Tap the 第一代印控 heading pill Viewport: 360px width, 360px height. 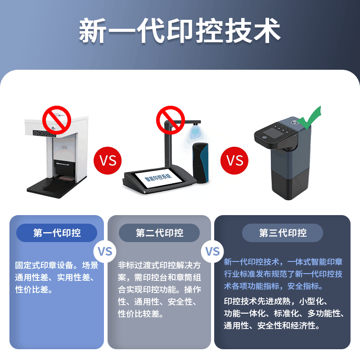coord(57,233)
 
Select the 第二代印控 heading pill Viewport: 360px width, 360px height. coord(159,233)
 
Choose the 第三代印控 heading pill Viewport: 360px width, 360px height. coord(283,233)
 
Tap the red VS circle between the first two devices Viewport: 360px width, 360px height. coord(108,160)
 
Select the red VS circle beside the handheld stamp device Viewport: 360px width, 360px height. coord(234,160)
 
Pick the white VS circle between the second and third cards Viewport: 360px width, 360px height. coord(212,251)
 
